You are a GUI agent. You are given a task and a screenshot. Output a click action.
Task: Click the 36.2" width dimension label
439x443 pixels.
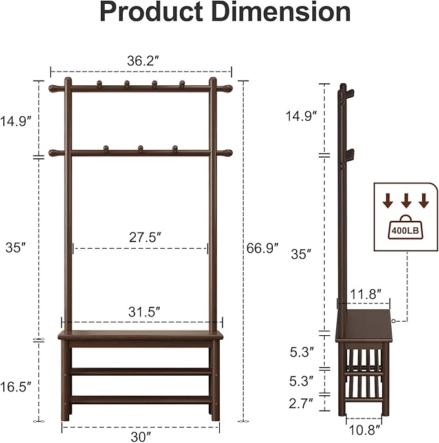[143, 61]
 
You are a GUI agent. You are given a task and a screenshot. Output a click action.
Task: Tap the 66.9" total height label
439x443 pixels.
[262, 247]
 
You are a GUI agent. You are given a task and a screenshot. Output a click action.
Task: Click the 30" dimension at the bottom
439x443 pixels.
[140, 436]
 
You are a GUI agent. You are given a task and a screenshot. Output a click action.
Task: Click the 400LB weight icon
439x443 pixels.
[405, 228]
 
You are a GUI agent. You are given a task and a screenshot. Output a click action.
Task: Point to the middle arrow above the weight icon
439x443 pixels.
[405, 201]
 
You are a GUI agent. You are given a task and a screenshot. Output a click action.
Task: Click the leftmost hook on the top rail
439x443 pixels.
[100, 84]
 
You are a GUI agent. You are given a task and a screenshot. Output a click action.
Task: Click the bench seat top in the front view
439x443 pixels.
[140, 335]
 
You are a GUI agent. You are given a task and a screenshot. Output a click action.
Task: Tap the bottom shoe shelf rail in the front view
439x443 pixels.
[140, 399]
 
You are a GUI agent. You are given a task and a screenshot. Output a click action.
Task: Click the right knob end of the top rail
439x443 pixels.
[226, 88]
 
